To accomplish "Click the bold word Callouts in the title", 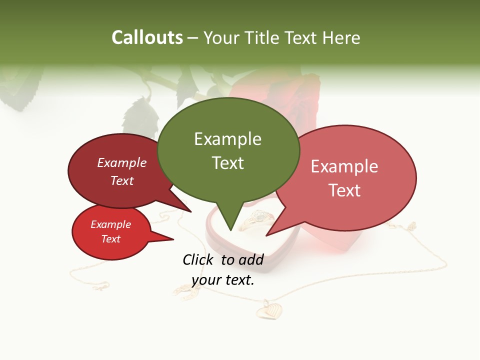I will [147, 37].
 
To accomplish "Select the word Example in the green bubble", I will [227, 139].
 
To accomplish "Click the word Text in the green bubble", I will [227, 162].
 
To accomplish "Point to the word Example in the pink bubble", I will [344, 166].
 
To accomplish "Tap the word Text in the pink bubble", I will [344, 190].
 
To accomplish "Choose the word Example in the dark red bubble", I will [122, 162].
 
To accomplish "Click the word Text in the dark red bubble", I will [122, 180].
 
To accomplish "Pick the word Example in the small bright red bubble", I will [111, 224].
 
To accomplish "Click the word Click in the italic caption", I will [198, 259].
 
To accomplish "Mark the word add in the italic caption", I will [251, 259].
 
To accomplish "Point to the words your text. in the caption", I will [223, 280].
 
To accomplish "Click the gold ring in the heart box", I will [257, 218].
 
